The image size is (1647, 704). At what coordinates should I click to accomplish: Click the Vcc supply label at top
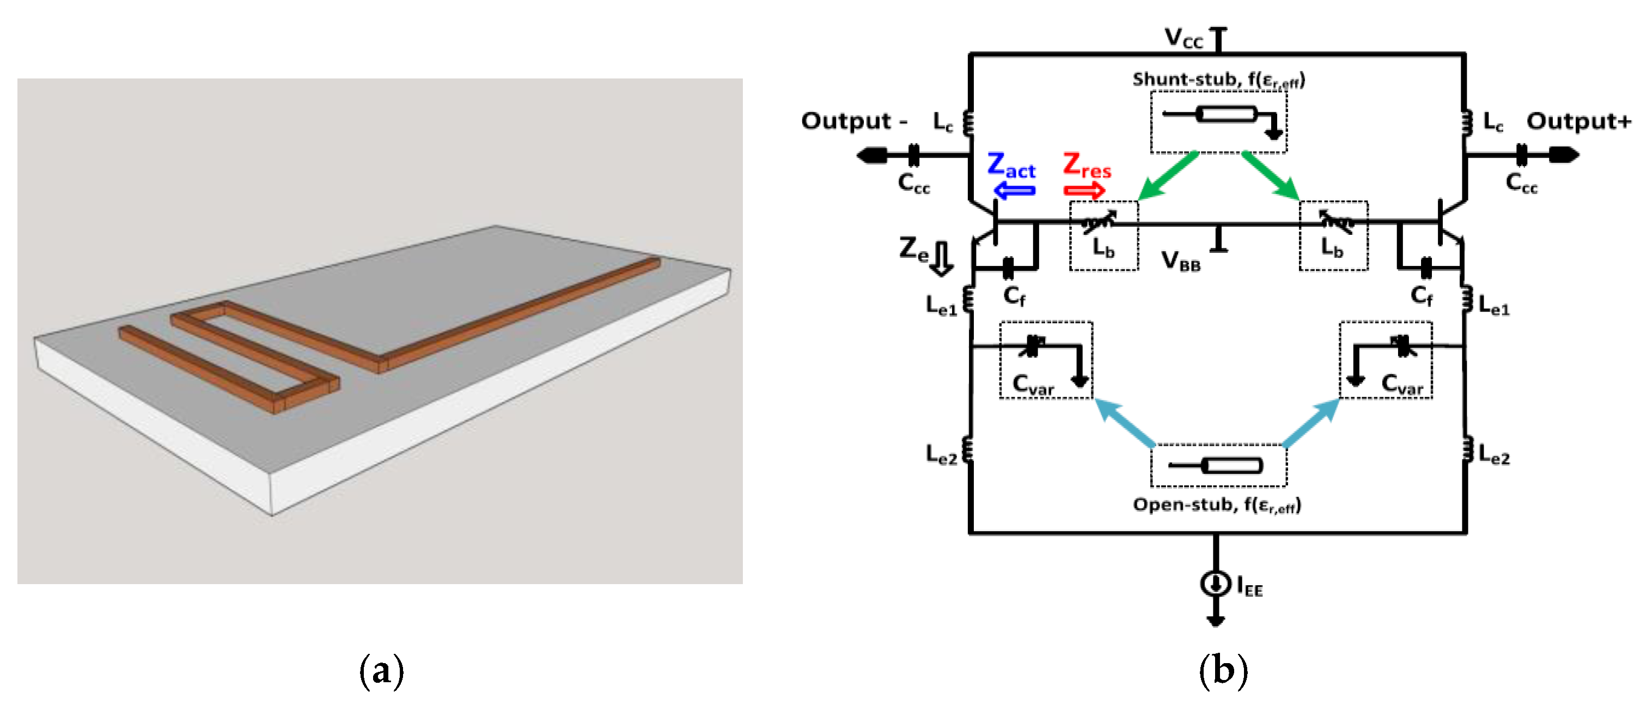point(1183,38)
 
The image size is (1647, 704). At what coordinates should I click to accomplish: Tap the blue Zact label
point(1011,166)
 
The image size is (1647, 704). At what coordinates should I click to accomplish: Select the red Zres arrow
point(1084,191)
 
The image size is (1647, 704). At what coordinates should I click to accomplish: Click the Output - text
point(853,121)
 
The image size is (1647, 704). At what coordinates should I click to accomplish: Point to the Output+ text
point(1578,121)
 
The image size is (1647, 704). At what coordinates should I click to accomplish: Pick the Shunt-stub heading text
point(1218,80)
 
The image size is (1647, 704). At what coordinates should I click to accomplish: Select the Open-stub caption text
point(1217,505)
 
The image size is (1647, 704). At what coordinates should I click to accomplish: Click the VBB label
point(1180,261)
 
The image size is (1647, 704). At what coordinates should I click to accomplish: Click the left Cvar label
point(1033,384)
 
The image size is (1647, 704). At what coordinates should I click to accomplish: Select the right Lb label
point(1332,247)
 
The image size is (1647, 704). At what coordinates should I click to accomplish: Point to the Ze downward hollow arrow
point(941,258)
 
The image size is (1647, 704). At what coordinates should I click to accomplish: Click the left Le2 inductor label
point(941,454)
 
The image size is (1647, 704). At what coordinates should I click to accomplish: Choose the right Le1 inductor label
point(1493,305)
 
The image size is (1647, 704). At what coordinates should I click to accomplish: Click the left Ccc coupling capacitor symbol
point(914,155)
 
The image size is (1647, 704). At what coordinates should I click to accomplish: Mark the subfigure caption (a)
point(381,670)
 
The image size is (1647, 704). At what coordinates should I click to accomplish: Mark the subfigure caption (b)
point(1223,670)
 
